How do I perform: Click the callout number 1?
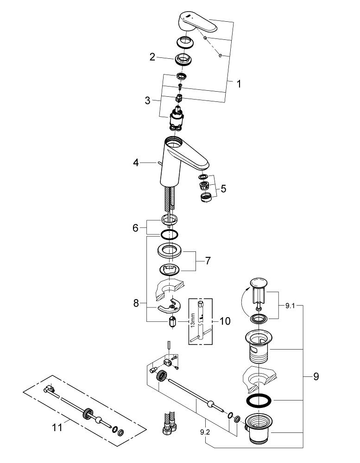239,84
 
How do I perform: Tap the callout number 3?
148,100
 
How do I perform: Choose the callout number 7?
208,261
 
